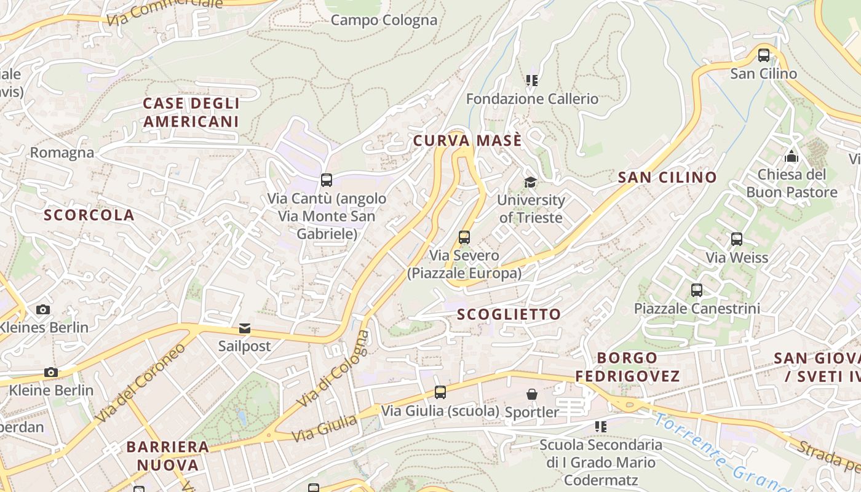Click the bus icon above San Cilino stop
763,55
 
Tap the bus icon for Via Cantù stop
327,180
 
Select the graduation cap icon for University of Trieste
530,182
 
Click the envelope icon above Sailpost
245,328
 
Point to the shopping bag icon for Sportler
532,394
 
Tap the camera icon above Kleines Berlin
43,309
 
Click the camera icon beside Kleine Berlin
51,372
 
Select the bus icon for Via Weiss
736,239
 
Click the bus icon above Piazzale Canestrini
697,290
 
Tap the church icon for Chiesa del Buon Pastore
792,156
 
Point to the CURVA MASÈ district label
467,141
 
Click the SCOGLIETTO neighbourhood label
509,314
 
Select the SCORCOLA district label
89,215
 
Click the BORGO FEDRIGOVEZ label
627,367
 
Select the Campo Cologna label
384,20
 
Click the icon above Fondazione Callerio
532,80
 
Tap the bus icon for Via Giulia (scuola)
440,392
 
